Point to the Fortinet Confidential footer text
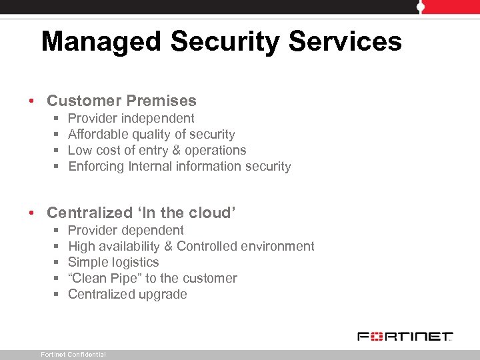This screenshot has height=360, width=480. tap(73, 355)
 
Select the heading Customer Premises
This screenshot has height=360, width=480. tap(121, 101)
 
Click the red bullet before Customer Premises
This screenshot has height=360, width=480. tap(32, 102)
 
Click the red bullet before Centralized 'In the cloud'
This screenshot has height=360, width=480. tap(32, 214)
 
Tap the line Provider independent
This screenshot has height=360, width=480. tap(131, 119)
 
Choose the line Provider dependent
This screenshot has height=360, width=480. tap(126, 231)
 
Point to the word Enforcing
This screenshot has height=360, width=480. tap(96, 167)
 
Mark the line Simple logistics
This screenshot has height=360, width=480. tap(113, 263)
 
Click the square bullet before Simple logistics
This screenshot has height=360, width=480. tap(55, 263)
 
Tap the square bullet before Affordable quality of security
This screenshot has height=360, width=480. tap(55, 135)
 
